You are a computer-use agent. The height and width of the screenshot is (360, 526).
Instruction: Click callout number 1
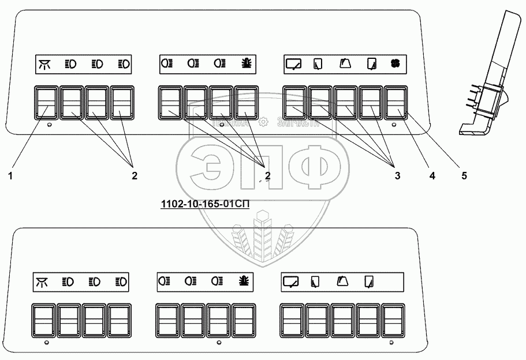click(x=10, y=177)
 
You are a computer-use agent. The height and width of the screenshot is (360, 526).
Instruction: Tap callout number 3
click(x=397, y=177)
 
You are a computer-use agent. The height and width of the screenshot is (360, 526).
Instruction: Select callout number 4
click(x=431, y=177)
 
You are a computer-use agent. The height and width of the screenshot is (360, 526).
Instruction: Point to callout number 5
click(x=464, y=177)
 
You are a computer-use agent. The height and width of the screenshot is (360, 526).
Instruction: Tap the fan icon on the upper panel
click(x=396, y=63)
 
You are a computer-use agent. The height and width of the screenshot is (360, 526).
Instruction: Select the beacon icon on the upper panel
click(x=247, y=63)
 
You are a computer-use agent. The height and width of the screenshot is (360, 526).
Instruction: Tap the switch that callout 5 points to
click(x=396, y=103)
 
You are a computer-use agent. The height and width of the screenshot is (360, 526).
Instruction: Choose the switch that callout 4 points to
click(x=371, y=103)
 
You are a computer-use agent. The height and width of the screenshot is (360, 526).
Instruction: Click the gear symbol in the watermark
click(x=263, y=122)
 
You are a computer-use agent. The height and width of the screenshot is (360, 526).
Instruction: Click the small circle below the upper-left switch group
click(x=50, y=125)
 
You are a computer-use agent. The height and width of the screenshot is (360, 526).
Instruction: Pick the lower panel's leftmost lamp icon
click(x=42, y=282)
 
